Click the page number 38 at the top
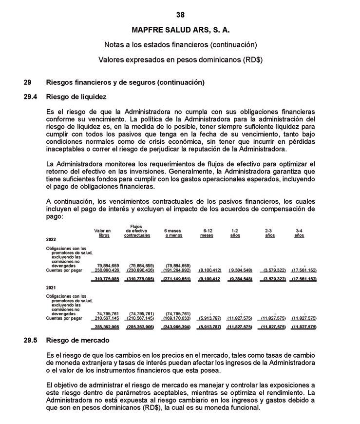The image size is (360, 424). pyautogui.click(x=180, y=15)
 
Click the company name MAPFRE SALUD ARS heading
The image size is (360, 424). pyautogui.click(x=180, y=30)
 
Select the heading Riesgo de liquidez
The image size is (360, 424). pyautogui.click(x=76, y=97)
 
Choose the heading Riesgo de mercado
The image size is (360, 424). pyautogui.click(x=77, y=340)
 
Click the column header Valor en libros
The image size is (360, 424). pyautogui.click(x=103, y=233)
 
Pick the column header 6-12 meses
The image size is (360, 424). pyautogui.click(x=207, y=233)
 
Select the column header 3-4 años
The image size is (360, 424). pyautogui.click(x=299, y=233)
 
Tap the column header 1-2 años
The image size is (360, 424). pyautogui.click(x=235, y=233)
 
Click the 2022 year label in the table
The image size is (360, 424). pyautogui.click(x=51, y=240)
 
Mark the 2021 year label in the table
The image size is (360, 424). pyautogui.click(x=51, y=288)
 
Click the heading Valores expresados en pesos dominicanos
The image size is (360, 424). pyautogui.click(x=180, y=60)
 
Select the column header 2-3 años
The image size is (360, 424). pyautogui.click(x=270, y=233)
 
